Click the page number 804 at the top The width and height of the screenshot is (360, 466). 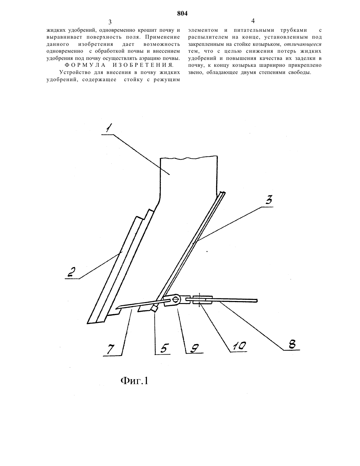tap(182, 13)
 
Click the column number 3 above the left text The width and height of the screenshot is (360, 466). tap(110, 22)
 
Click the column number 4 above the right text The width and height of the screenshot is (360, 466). tap(253, 21)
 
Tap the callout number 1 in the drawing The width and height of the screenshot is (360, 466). tap(108, 128)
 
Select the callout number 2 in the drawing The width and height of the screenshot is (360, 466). tap(72, 272)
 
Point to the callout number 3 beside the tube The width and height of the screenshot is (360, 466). tap(269, 200)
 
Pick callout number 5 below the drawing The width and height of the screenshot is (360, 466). tap(165, 348)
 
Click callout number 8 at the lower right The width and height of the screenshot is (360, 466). tap(292, 344)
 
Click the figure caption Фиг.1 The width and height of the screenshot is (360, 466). tap(134, 381)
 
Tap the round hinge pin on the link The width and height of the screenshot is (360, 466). tap(176, 299)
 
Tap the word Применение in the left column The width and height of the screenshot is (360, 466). tap(162, 37)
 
